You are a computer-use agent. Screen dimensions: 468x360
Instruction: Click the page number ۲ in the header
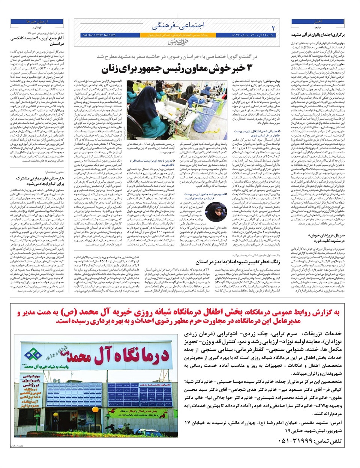coord(273,28)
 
